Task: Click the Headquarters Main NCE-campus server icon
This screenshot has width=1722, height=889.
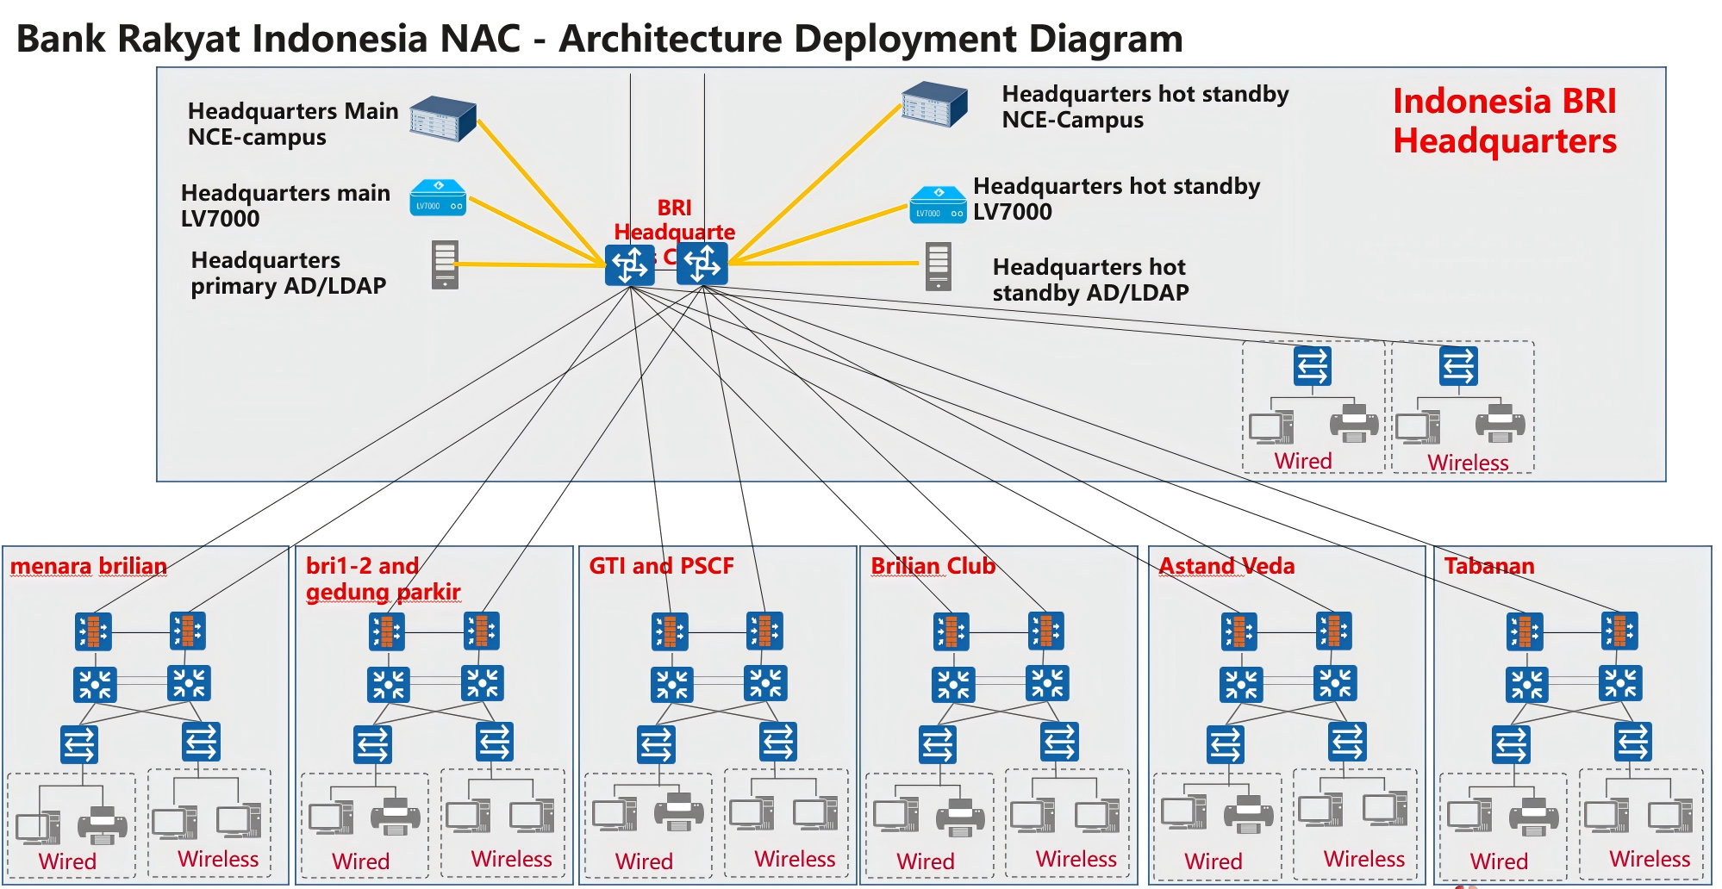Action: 442,119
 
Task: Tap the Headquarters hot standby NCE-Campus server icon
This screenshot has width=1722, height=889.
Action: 933,104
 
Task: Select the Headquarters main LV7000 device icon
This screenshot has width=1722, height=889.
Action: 438,197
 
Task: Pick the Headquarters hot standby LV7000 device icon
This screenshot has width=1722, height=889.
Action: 938,205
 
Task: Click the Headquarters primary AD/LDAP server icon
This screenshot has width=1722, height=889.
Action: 445,264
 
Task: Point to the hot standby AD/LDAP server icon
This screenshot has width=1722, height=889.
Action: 938,266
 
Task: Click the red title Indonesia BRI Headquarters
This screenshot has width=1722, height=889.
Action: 1504,121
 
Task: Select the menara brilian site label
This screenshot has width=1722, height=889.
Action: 89,566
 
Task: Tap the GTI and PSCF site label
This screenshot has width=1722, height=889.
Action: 661,566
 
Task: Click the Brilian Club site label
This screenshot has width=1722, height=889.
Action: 933,566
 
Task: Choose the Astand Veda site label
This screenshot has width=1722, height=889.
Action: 1226,566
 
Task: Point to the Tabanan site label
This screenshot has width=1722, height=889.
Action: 1488,566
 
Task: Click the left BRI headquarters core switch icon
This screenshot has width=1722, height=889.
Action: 630,264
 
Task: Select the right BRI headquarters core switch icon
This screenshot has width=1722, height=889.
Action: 702,263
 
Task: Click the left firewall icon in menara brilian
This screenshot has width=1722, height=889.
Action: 93,631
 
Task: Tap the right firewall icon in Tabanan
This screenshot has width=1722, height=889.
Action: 1619,631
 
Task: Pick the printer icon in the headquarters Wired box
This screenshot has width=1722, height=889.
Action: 1353,423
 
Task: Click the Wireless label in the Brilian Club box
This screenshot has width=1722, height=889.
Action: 1076,859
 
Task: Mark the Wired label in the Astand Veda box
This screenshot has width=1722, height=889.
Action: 1213,861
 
